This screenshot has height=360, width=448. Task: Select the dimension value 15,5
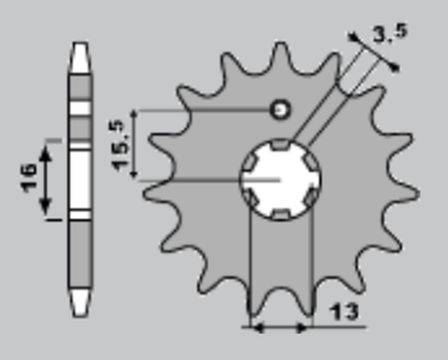[121, 145]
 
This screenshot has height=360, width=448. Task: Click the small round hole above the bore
[278, 110]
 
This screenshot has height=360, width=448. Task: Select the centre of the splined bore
[280, 179]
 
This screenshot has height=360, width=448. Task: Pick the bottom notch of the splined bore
[280, 216]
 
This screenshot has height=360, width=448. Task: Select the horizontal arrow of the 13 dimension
[278, 327]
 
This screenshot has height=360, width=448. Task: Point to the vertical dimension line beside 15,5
[138, 145]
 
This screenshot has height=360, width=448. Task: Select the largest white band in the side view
[82, 178]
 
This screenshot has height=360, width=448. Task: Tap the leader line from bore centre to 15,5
[205, 179]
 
